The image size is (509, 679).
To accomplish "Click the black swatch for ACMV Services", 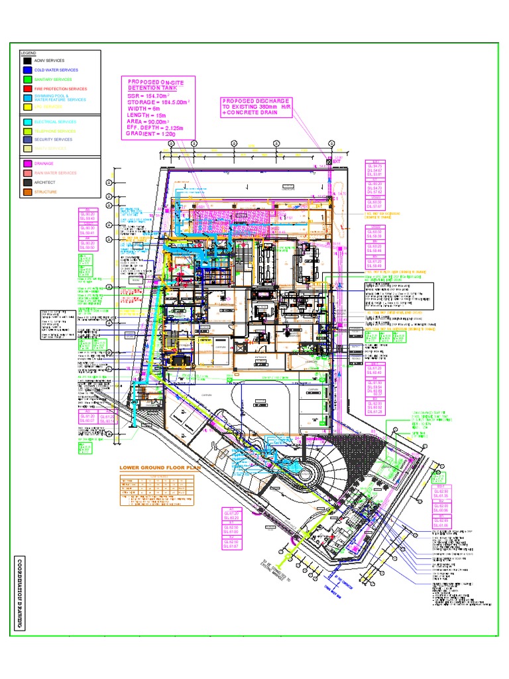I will [x=27, y=60].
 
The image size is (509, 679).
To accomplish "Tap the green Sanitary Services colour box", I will [x=27, y=79].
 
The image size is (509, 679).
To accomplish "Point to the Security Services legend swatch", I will [x=27, y=140].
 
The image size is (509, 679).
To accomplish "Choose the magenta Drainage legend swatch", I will [x=27, y=163].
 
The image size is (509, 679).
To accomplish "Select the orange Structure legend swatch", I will [x=27, y=192].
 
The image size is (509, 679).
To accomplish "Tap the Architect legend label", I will [x=46, y=182].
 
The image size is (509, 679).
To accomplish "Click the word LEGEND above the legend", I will [x=28, y=52].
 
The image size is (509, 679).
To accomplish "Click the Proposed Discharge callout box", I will [x=257, y=107].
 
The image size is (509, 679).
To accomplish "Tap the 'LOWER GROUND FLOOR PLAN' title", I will [x=159, y=467].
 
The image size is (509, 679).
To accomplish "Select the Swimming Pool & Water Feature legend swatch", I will [x=27, y=97].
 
